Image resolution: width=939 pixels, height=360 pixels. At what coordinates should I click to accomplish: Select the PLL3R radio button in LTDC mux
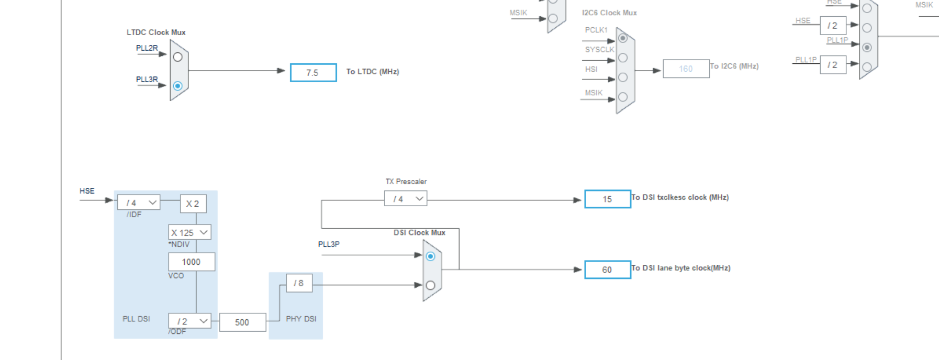[178, 86]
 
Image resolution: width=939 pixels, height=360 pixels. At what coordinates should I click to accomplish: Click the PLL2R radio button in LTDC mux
[178, 57]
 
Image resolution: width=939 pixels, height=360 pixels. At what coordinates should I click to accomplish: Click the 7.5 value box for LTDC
[313, 73]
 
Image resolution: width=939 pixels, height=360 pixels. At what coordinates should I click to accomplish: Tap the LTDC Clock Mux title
[156, 32]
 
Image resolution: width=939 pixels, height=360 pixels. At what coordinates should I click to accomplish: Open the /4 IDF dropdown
[139, 203]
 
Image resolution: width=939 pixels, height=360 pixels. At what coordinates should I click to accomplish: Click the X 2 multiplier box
[193, 204]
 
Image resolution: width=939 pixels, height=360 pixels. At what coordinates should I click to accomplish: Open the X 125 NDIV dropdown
[189, 232]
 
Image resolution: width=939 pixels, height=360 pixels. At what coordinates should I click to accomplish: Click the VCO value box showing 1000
[191, 262]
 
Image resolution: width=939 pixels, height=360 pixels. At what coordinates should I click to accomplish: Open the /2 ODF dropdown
[189, 321]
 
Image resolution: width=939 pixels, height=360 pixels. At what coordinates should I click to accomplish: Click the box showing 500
[242, 322]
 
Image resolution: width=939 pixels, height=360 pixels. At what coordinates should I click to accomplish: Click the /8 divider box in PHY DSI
[299, 283]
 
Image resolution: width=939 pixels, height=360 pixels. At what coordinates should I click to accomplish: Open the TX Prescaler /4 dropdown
[406, 199]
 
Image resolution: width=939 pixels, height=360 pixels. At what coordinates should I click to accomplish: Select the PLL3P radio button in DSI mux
[430, 256]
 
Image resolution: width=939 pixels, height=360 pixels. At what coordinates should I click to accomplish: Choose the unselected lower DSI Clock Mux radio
[430, 285]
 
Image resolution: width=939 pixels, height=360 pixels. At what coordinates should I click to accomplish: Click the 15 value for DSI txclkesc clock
[607, 199]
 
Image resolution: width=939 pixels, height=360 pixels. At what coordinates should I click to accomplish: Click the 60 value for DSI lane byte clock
[607, 269]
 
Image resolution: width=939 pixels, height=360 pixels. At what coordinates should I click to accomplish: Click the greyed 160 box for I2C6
[686, 69]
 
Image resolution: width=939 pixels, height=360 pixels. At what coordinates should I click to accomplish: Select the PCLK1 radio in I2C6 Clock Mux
[623, 38]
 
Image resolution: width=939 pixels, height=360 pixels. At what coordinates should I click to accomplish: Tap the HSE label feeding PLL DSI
[87, 191]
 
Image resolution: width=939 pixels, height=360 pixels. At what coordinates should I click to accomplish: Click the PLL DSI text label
[136, 319]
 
